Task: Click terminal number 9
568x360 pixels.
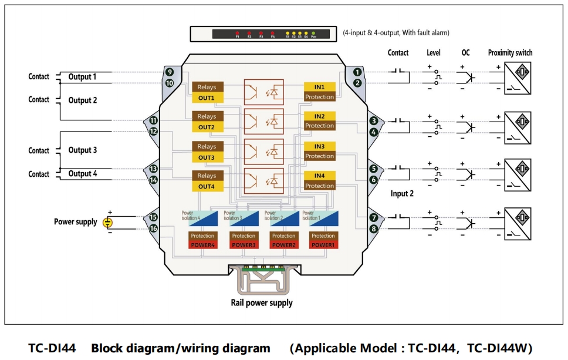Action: click(x=169, y=72)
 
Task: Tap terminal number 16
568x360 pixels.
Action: click(x=153, y=228)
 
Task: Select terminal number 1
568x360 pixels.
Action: click(x=357, y=72)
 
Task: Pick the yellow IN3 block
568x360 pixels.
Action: click(x=319, y=146)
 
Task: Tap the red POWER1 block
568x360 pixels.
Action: click(x=323, y=245)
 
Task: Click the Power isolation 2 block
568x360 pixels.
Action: click(x=280, y=218)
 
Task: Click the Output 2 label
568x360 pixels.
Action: click(x=83, y=100)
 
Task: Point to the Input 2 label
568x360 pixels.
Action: click(x=402, y=194)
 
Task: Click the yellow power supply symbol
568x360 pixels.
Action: click(x=107, y=222)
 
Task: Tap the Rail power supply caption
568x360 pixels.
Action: click(x=261, y=303)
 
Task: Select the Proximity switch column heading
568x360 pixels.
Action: click(x=510, y=53)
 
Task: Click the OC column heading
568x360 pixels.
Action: click(x=465, y=53)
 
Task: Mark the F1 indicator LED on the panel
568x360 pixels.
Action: click(x=238, y=33)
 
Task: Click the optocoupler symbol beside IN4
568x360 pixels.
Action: click(x=263, y=180)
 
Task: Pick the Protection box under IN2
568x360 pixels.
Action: click(x=319, y=126)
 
